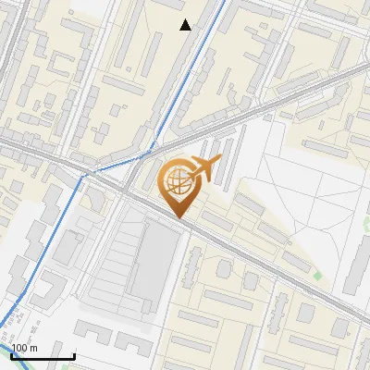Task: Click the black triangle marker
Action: coord(186,25)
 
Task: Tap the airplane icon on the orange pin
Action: coord(204,168)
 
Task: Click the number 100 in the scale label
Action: coord(20,348)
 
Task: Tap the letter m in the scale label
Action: coord(34,348)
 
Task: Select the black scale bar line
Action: coord(43,355)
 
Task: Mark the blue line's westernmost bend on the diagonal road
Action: coord(84,173)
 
